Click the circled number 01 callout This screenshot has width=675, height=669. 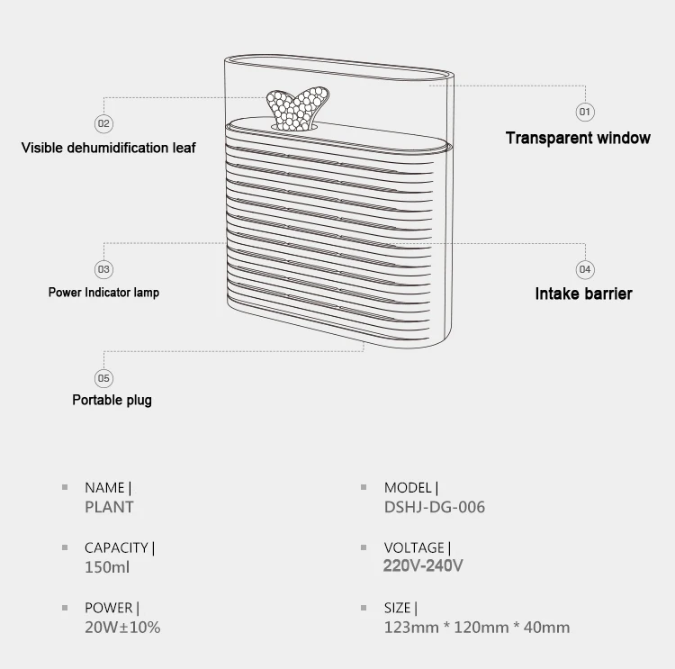585,112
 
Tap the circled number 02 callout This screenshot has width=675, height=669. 103,123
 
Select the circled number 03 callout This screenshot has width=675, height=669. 103,269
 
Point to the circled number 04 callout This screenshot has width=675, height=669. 585,269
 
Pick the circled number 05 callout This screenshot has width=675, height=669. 103,378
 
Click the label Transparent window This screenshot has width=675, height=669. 578,138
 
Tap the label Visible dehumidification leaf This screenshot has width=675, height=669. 109,148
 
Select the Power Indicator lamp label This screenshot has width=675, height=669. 103,293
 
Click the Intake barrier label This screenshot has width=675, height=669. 584,294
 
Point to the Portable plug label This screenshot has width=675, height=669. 112,400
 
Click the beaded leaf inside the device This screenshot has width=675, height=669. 298,108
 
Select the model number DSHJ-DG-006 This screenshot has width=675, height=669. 435,507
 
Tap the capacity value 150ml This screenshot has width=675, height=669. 107,567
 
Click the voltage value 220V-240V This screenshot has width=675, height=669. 423,565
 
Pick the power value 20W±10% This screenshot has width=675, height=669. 122,628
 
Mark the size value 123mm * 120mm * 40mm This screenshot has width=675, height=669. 477,628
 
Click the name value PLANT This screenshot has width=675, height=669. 109,507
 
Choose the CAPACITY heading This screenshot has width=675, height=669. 116,547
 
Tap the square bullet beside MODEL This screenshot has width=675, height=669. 364,487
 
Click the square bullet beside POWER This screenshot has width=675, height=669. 65,608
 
